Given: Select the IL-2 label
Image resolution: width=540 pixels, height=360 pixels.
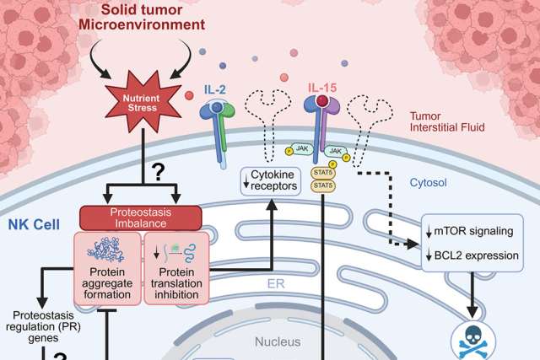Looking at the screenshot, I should pos(215,88).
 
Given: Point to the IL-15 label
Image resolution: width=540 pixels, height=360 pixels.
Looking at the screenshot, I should pos(321,88).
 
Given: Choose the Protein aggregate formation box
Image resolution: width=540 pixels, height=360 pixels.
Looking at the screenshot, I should pos(108,261).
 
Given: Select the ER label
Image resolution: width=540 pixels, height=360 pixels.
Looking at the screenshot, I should pos(270,284).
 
